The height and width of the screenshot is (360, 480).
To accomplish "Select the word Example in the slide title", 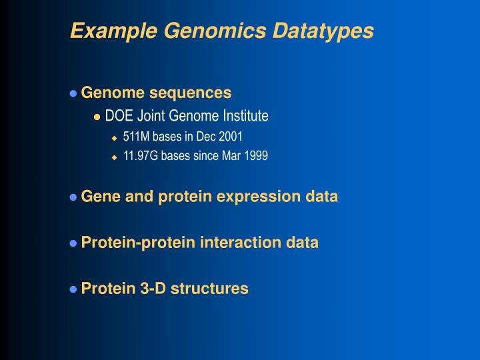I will [x=101, y=31].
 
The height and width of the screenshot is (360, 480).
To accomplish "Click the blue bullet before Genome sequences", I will [x=73, y=93].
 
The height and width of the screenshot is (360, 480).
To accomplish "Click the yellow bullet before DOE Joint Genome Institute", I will [x=97, y=117].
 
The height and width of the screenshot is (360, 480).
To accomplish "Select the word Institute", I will [x=245, y=117].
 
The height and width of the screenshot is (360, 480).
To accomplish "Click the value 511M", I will [x=136, y=137].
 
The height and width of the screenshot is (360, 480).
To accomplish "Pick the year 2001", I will [x=231, y=137].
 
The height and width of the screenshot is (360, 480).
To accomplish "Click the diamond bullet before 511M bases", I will [x=114, y=138].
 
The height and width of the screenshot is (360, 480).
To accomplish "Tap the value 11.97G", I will [x=141, y=157].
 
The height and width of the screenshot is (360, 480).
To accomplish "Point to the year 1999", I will [x=255, y=157].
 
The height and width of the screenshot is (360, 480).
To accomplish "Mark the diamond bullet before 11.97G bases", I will [x=114, y=157].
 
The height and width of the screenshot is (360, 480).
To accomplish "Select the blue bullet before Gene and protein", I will [x=73, y=197].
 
